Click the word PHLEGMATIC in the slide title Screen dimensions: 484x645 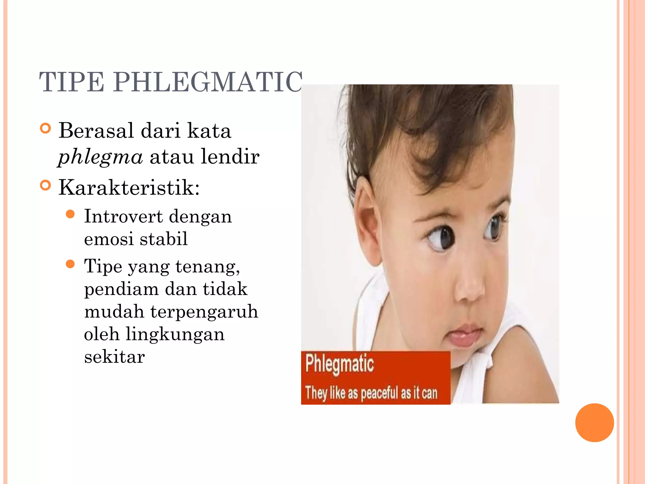(208, 82)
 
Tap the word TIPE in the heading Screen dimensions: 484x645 (71, 82)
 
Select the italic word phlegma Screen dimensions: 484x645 (100, 157)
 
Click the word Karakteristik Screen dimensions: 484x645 (129, 188)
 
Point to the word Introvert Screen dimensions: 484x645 (123, 216)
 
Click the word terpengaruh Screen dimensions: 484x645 (204, 311)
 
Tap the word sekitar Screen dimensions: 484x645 (114, 357)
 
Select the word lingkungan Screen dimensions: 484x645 (175, 334)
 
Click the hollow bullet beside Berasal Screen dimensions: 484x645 (46, 129)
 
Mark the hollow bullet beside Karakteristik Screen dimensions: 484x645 (46, 185)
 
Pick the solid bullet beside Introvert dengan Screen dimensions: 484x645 (71, 215)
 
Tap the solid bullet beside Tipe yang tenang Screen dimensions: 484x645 (71, 264)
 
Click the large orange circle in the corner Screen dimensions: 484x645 (594, 423)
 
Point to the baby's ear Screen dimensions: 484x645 (365, 221)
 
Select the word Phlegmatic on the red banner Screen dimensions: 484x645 (340, 364)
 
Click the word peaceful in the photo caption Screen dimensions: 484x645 (380, 393)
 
